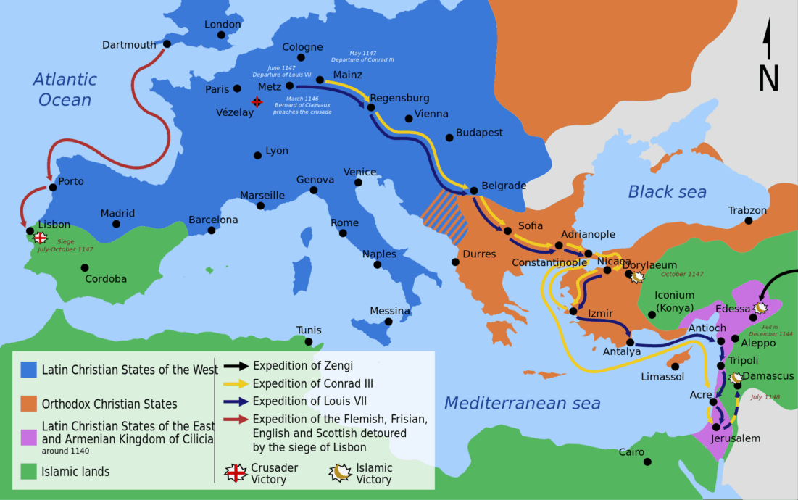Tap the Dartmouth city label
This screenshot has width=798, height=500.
(129, 45)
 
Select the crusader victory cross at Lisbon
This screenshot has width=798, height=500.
(41, 238)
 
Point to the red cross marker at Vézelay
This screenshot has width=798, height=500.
(257, 102)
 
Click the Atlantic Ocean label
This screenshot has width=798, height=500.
(65, 90)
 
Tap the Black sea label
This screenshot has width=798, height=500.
(667, 192)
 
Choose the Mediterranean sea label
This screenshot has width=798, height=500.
(522, 403)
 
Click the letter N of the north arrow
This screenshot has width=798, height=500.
(768, 78)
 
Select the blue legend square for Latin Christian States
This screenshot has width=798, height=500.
(28, 370)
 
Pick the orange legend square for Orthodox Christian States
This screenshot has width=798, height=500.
(28, 404)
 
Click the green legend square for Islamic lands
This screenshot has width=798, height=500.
(28, 472)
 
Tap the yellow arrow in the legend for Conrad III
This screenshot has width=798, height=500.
(235, 384)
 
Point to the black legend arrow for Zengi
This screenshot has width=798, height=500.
(235, 366)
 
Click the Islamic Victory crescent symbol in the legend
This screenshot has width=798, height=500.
(340, 473)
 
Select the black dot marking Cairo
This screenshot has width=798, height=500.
(647, 462)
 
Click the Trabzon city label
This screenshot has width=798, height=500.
(747, 211)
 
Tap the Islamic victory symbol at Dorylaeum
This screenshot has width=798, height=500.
(638, 277)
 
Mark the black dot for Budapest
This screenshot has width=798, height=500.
(449, 136)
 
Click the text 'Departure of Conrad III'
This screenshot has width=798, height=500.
(363, 59)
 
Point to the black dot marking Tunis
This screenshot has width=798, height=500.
(309, 342)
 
